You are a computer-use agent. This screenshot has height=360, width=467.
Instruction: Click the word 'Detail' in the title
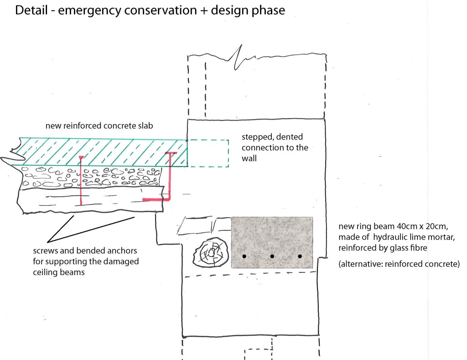[x=31, y=10]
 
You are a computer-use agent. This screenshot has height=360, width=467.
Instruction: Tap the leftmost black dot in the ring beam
[x=244, y=256]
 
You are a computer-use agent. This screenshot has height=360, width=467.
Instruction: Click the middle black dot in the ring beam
[x=272, y=256]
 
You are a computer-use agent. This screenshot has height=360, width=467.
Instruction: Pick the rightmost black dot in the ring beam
[x=300, y=256]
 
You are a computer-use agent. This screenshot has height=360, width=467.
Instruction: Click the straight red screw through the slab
[x=81, y=180]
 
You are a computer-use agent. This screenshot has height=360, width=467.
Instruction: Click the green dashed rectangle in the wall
[x=208, y=153]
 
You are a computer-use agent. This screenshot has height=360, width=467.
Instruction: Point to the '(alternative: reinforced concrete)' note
[x=399, y=264]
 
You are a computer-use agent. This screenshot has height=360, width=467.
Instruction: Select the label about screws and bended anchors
[x=86, y=261]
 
